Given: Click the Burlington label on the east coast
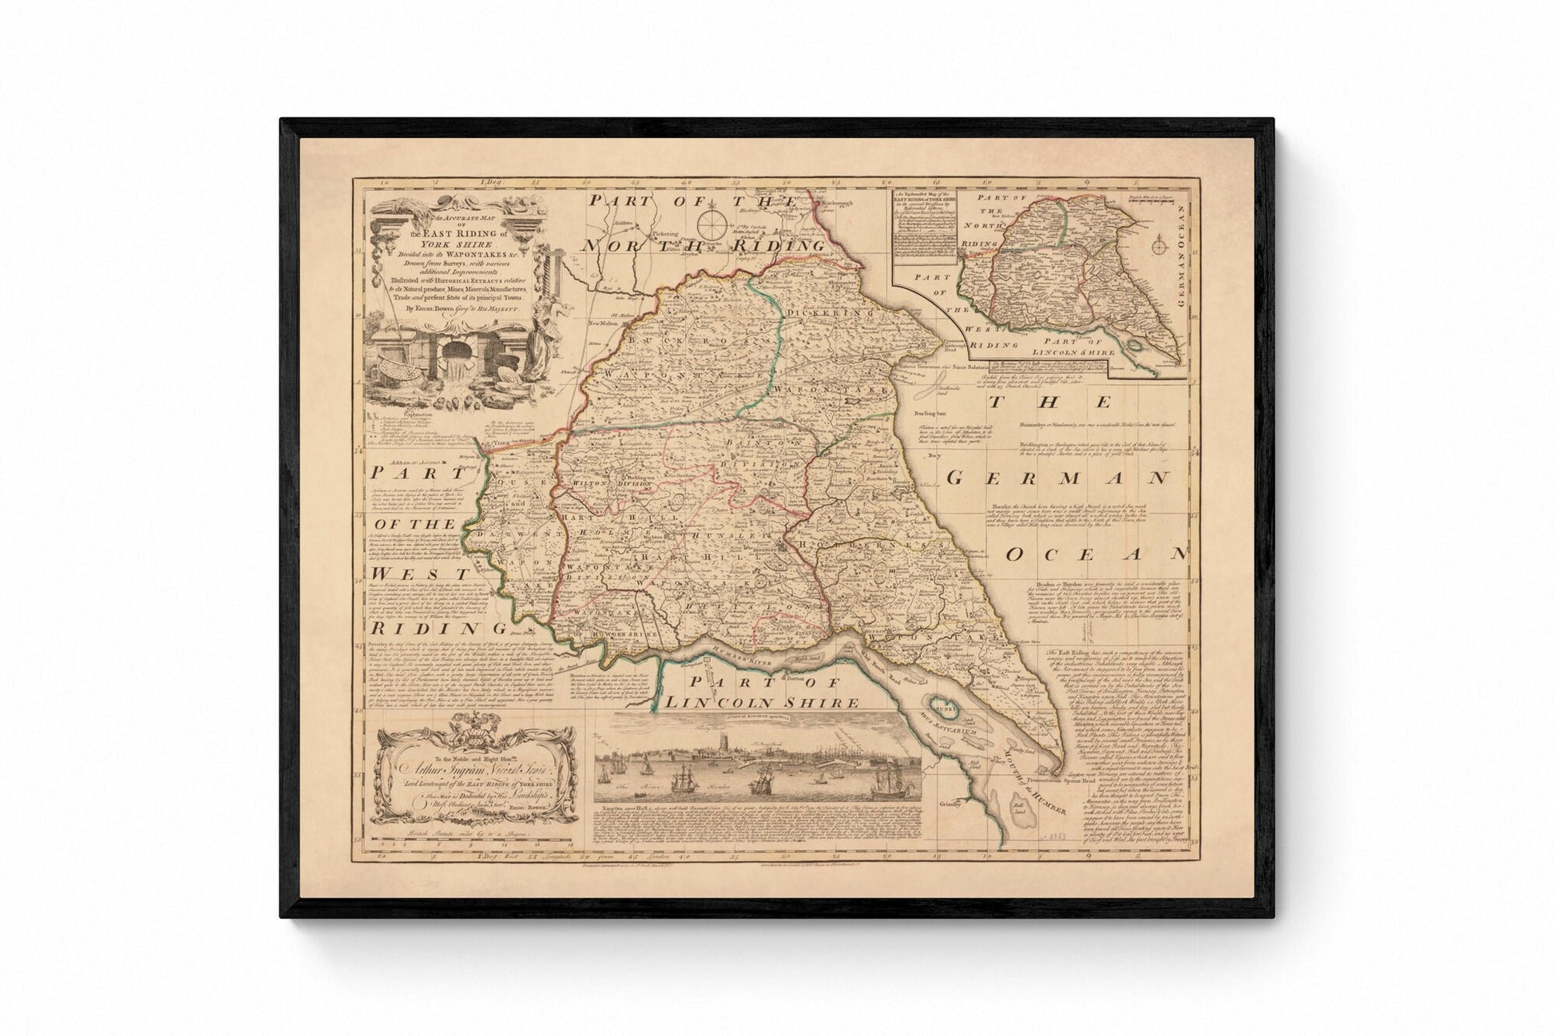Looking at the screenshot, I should pyautogui.click(x=930, y=415).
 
